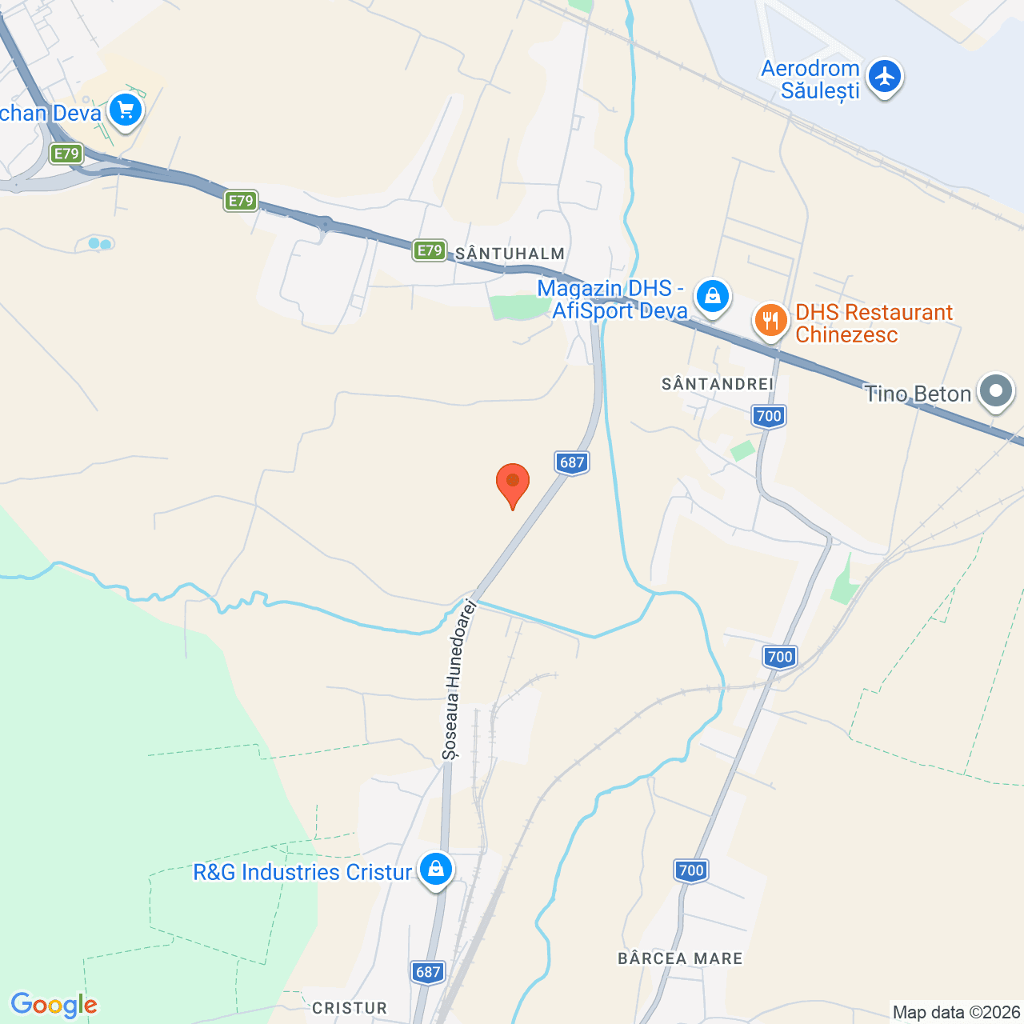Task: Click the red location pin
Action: tap(513, 483)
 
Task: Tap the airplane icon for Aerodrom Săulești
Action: tap(884, 77)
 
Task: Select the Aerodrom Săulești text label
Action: tap(810, 80)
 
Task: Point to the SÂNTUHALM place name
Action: tap(510, 254)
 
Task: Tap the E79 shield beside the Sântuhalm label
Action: tap(430, 250)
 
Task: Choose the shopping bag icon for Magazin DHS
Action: tap(712, 296)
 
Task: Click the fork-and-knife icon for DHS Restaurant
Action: tap(770, 322)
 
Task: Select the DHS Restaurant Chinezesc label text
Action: tap(874, 323)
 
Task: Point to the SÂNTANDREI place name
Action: tap(718, 385)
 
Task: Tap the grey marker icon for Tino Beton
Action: tap(996, 391)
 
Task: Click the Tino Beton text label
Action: tap(918, 394)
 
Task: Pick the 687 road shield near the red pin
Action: tap(572, 462)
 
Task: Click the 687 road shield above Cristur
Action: tap(428, 972)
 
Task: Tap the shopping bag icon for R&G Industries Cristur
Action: tap(435, 868)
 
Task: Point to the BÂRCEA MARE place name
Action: tap(680, 958)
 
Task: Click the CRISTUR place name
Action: tap(350, 1008)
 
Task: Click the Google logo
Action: tap(54, 1005)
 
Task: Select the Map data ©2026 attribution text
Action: tap(957, 1013)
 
